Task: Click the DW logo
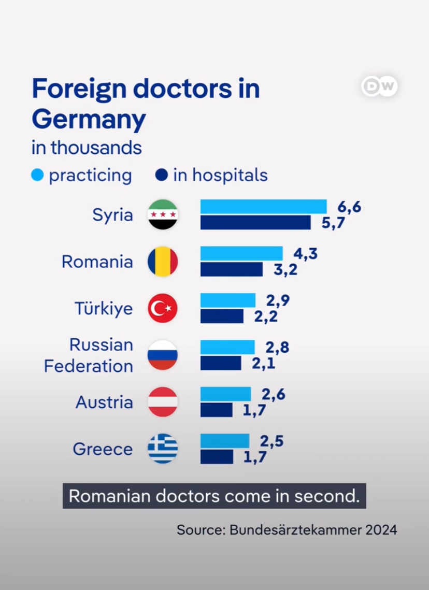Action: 379,87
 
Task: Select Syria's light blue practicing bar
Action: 263,206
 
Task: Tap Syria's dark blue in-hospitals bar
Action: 255,223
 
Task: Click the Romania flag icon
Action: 163,262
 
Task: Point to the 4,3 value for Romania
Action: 305,254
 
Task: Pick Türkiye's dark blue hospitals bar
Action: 222,316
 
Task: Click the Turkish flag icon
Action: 163,309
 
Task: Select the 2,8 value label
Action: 277,348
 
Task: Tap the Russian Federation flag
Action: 163,355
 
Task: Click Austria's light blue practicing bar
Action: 225,394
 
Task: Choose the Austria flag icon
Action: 163,402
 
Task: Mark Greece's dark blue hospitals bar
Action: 217,457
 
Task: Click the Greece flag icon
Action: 163,449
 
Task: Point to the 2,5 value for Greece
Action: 272,441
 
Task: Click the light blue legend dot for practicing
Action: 37,175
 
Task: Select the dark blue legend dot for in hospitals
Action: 162,175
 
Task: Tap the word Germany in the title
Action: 89,119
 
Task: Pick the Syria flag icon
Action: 163,214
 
